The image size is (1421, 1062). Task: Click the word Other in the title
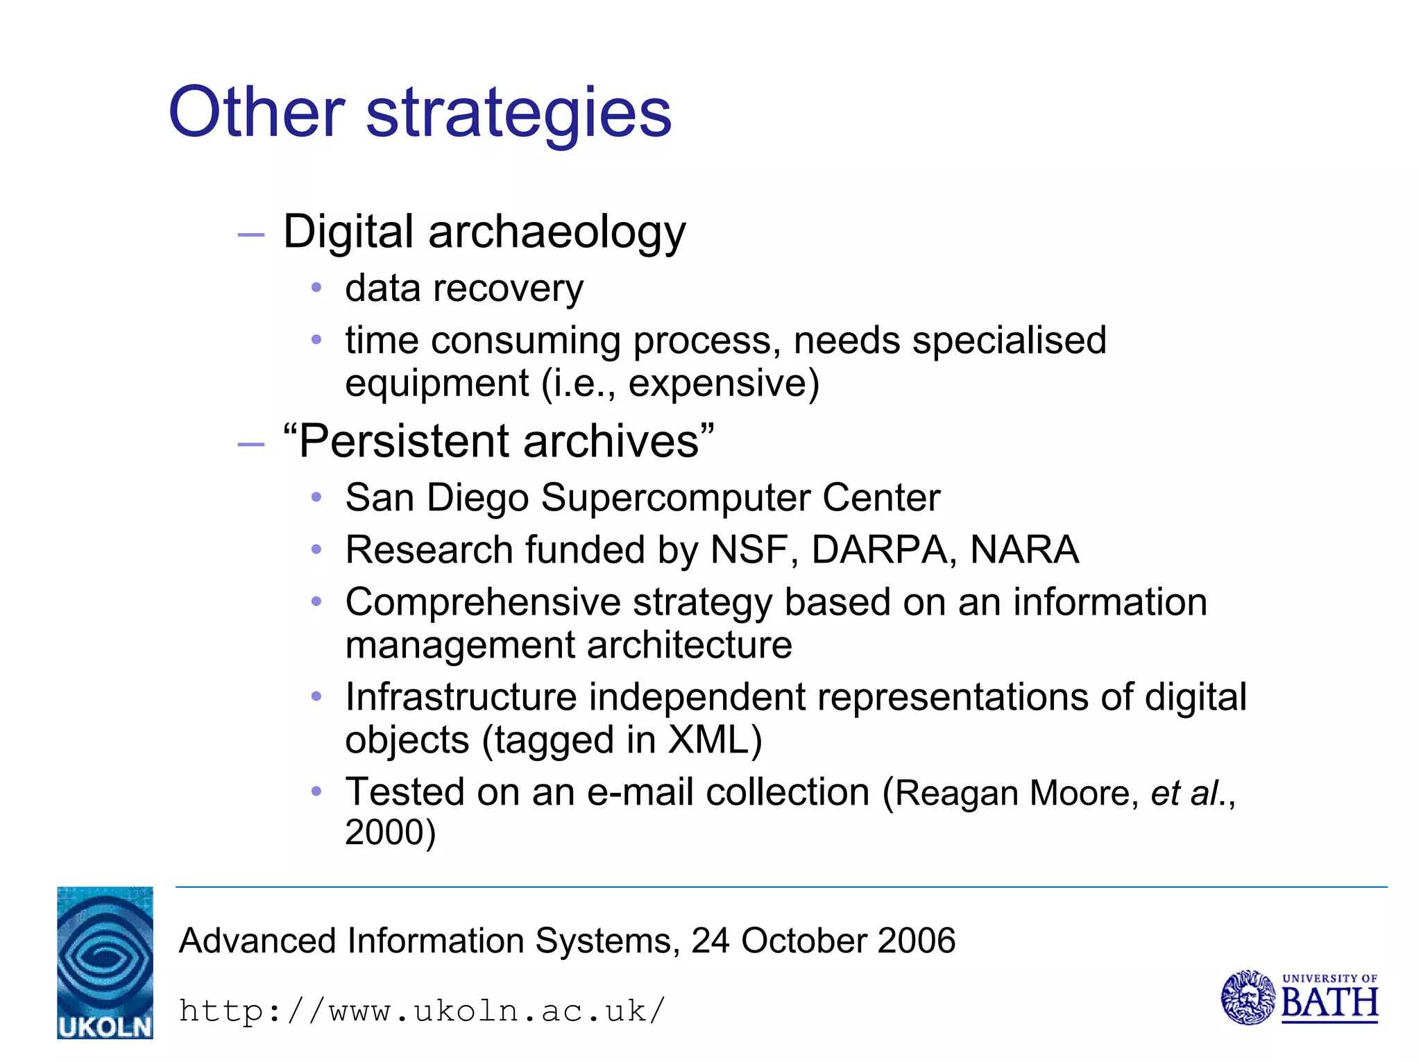(x=256, y=112)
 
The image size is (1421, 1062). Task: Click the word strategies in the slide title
(x=518, y=114)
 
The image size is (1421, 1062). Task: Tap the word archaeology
(x=556, y=233)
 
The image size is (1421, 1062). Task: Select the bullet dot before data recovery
(x=316, y=287)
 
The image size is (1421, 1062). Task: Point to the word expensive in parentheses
(x=717, y=384)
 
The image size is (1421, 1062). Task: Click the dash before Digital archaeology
(x=250, y=235)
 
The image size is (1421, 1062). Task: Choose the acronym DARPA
(x=879, y=550)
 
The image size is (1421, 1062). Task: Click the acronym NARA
(x=1024, y=550)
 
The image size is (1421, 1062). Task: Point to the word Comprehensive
(x=482, y=602)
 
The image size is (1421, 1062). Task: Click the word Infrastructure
(x=461, y=697)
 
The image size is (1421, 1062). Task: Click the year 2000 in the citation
(x=384, y=832)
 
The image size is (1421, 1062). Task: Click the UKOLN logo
(x=105, y=963)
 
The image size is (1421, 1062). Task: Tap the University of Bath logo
(x=1299, y=998)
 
